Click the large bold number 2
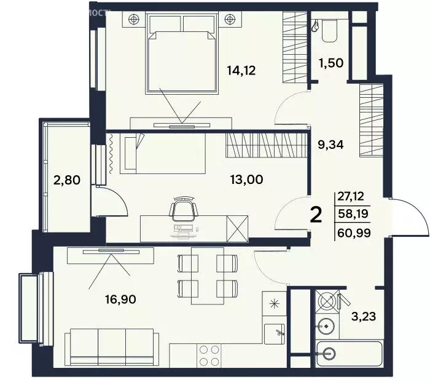(x=316, y=215)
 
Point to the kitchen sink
(x=275, y=334)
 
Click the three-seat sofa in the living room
(x=111, y=346)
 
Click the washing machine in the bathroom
(x=329, y=301)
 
